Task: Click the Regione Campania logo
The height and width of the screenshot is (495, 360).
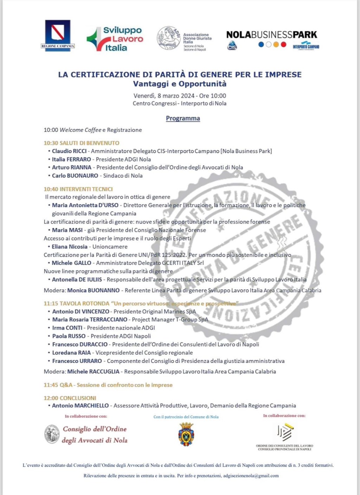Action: tap(58, 35)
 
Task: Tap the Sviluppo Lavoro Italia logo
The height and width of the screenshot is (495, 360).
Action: tap(115, 39)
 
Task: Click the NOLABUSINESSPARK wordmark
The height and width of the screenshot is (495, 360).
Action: tap(271, 35)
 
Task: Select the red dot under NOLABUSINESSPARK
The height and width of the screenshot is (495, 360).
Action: tap(284, 45)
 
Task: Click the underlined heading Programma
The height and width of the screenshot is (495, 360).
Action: tap(183, 118)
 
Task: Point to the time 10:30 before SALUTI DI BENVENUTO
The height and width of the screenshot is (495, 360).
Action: tap(51, 143)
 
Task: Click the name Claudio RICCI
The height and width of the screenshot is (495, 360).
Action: tap(69, 151)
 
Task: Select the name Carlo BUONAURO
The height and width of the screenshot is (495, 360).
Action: tap(75, 176)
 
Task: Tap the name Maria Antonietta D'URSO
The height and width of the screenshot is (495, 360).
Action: tap(85, 205)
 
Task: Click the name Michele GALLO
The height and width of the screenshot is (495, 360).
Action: tap(71, 263)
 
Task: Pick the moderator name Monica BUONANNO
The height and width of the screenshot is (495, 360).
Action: tap(94, 291)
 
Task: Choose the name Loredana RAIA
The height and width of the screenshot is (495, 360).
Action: tap(71, 353)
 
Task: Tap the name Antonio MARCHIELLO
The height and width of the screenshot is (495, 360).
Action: tap(80, 406)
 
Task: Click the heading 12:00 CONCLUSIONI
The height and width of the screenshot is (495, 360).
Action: tap(70, 398)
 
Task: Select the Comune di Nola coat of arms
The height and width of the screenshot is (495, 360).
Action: tap(186, 434)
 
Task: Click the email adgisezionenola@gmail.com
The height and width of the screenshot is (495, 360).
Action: tap(251, 476)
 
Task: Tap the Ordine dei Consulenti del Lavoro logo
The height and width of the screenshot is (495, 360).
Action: tap(284, 432)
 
